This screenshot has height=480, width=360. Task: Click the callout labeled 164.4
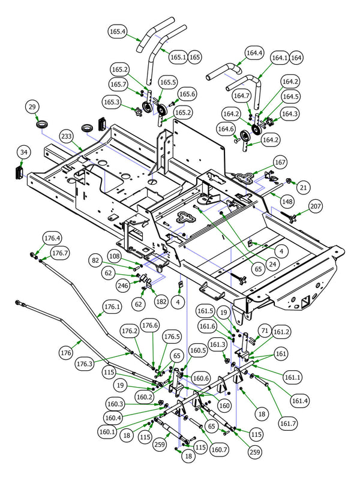pyautogui.click(x=254, y=53)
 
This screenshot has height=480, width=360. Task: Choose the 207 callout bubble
pyautogui.click(x=316, y=207)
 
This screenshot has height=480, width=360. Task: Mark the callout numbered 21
pyautogui.click(x=303, y=188)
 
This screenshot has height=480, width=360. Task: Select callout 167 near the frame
pyautogui.click(x=280, y=162)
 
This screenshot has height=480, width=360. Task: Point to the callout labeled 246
pyautogui.click(x=124, y=285)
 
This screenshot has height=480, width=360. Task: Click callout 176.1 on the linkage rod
pyautogui.click(x=112, y=307)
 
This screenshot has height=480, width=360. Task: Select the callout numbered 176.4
pyautogui.click(x=52, y=239)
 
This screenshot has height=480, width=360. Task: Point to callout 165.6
pyautogui.click(x=187, y=94)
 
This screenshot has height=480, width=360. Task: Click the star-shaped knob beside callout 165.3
pyautogui.click(x=142, y=112)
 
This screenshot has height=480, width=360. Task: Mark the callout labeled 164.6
pyautogui.click(x=226, y=129)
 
